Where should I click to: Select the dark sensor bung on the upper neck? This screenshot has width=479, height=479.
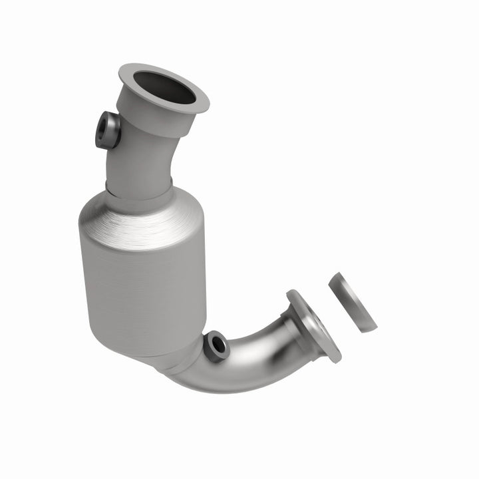108,130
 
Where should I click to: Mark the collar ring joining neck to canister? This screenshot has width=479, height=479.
140,189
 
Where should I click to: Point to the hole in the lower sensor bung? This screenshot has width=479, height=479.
214,344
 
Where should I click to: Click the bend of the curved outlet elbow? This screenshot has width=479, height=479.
246,363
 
